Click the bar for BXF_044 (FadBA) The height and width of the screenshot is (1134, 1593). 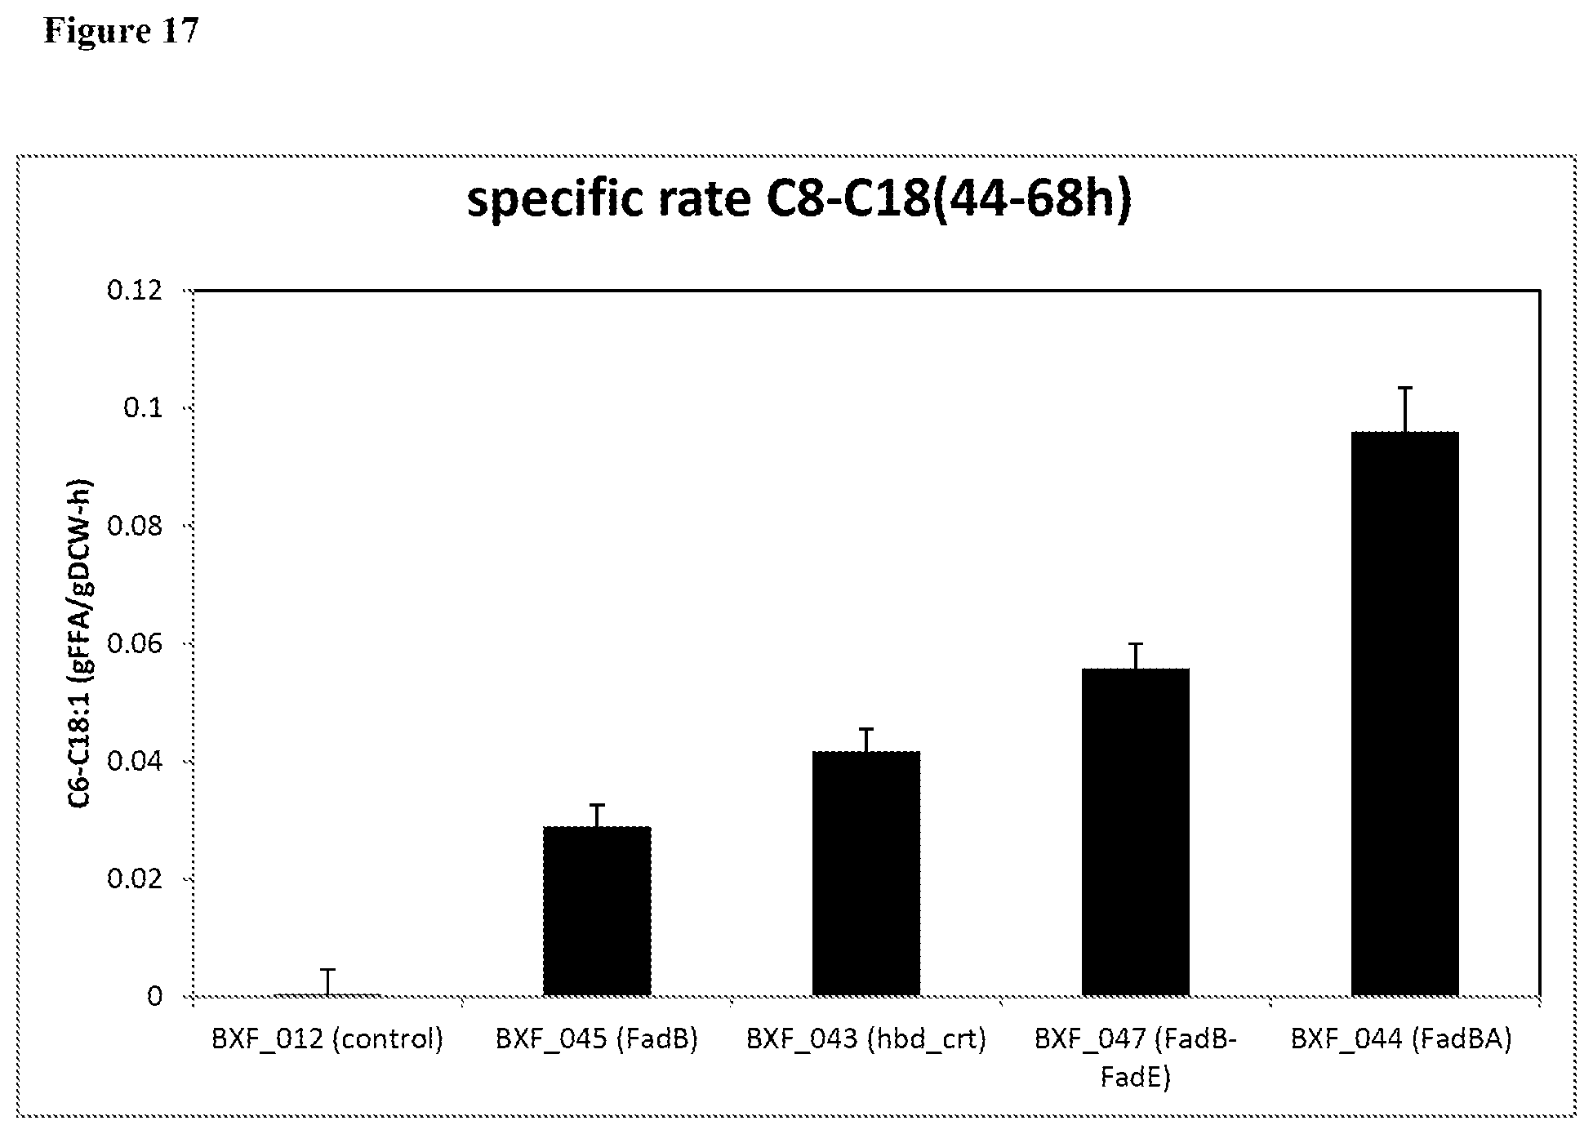pyautogui.click(x=1404, y=714)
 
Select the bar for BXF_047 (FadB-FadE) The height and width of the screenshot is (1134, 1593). pyautogui.click(x=1135, y=832)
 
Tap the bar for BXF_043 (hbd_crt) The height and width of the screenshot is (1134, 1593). pyautogui.click(x=865, y=874)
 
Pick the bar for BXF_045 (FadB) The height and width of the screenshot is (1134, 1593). pyautogui.click(x=597, y=911)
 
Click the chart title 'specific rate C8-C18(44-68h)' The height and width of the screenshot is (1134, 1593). pyautogui.click(x=799, y=198)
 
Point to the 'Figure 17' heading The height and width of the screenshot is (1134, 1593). pyautogui.click(x=121, y=31)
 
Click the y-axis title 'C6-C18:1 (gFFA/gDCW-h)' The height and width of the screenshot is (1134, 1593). pyautogui.click(x=80, y=643)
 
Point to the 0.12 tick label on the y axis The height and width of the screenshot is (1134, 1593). pyautogui.click(x=134, y=290)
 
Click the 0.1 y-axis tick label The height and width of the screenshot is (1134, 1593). pyautogui.click(x=142, y=407)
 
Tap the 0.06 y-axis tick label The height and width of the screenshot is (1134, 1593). pyautogui.click(x=134, y=643)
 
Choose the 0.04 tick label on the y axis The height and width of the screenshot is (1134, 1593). pyautogui.click(x=134, y=761)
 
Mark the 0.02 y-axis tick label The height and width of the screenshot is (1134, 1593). pyautogui.click(x=134, y=878)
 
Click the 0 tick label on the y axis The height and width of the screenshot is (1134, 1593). pyautogui.click(x=154, y=996)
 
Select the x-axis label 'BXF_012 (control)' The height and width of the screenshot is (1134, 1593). pyautogui.click(x=327, y=1039)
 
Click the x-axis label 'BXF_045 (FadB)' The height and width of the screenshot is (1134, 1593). pyautogui.click(x=597, y=1039)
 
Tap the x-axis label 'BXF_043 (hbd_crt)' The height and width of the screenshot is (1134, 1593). pyautogui.click(x=865, y=1039)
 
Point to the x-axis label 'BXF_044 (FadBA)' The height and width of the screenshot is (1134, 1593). pyautogui.click(x=1401, y=1039)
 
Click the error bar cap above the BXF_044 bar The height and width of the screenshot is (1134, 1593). pyautogui.click(x=1404, y=388)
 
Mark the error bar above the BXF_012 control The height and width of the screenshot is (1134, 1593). pyautogui.click(x=327, y=981)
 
